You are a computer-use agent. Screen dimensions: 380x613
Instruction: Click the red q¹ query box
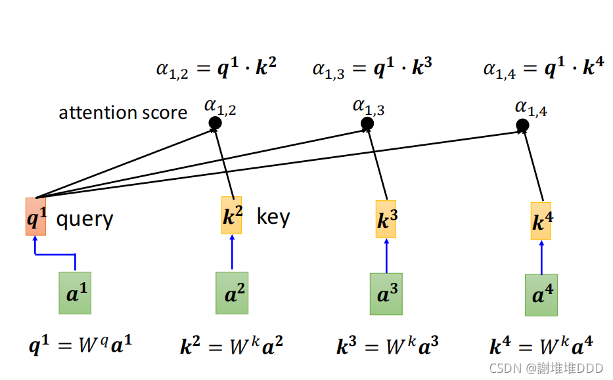(36, 216)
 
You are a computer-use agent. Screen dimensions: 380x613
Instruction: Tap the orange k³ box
(386, 218)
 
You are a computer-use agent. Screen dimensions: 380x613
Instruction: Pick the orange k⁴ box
(541, 221)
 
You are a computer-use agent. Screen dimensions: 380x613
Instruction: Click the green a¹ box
(75, 292)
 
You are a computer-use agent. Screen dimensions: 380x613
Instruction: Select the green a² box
(232, 293)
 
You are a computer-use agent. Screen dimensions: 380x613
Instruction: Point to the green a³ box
(386, 294)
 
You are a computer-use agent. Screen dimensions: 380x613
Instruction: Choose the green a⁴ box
(541, 295)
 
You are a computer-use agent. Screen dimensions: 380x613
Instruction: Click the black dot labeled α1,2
(214, 123)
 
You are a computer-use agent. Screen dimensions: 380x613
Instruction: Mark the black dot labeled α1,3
(367, 123)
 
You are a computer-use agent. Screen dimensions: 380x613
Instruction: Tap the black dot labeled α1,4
(522, 125)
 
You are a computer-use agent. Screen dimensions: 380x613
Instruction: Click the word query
(85, 219)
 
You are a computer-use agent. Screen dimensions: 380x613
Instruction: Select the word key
(273, 217)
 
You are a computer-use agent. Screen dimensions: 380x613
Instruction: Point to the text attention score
(123, 113)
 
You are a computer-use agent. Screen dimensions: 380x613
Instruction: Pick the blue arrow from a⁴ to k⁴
(541, 257)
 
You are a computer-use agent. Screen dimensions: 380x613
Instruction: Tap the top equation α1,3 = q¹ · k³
(372, 68)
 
